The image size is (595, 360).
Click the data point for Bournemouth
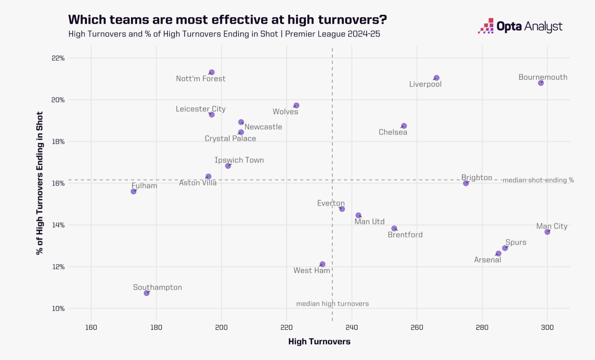click(541, 83)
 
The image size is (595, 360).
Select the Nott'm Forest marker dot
click(212, 72)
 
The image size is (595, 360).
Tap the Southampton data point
click(146, 293)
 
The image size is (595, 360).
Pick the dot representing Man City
click(547, 232)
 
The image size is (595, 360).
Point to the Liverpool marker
click(436, 78)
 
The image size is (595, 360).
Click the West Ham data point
click(322, 264)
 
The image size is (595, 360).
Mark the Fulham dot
click(134, 191)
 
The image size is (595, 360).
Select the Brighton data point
click(466, 183)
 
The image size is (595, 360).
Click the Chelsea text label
click(393, 132)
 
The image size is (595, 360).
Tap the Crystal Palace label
click(230, 139)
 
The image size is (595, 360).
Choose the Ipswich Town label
click(239, 160)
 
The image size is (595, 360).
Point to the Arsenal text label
click(487, 260)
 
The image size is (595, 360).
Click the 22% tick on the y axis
click(58, 58)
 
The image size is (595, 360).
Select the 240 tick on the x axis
click(352, 327)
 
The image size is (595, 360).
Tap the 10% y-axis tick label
click(58, 309)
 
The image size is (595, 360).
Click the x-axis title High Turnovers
click(319, 342)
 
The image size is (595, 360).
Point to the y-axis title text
click(40, 183)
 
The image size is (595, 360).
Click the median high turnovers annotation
click(332, 304)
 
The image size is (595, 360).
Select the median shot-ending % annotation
click(538, 180)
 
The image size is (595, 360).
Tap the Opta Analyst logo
click(520, 26)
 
